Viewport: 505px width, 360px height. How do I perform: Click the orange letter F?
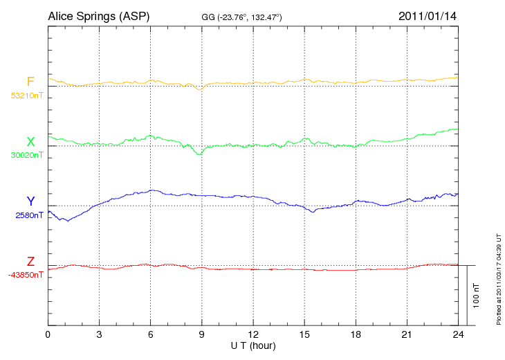30,82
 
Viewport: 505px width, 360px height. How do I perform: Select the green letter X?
30,142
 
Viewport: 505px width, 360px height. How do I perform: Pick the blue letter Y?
30,201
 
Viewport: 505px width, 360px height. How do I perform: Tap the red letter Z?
30,262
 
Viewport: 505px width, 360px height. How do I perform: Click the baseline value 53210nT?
26,95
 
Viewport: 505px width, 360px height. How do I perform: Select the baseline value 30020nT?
26,155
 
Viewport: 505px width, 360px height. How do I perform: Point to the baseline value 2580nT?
29,215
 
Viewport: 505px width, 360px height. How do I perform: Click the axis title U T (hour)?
253,345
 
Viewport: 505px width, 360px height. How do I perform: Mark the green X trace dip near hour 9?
200,154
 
